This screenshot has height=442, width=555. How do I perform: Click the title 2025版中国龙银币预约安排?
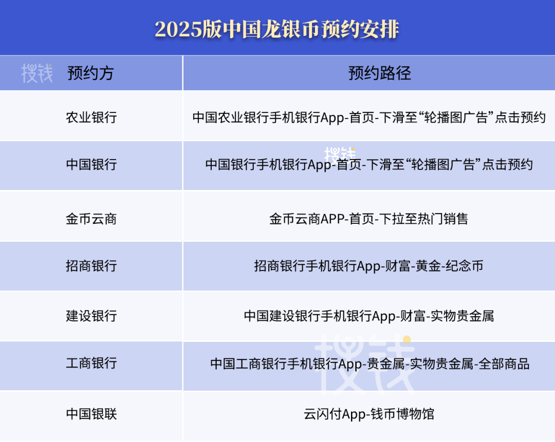[x=277, y=29]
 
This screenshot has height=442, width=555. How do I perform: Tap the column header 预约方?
[x=90, y=73]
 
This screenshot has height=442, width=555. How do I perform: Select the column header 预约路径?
[x=379, y=73]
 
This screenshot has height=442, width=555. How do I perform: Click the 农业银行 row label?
[x=91, y=117]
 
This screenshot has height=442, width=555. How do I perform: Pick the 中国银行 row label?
[x=91, y=164]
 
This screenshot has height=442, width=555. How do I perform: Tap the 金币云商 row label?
[x=91, y=219]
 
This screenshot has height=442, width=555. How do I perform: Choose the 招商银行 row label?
[x=91, y=265]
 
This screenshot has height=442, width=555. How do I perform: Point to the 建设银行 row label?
[x=91, y=315]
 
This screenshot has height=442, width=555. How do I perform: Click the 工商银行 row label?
[x=91, y=363]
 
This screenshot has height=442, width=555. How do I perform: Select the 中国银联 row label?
[x=91, y=413]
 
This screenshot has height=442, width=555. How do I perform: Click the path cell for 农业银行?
[x=369, y=117]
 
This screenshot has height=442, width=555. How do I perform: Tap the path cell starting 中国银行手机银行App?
[x=369, y=165]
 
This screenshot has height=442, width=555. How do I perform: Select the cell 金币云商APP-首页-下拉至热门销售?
[x=369, y=219]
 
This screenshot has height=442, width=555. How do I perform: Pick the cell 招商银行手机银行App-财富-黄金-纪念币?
[x=369, y=266]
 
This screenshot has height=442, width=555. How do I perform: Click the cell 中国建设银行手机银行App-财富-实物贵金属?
[x=369, y=316]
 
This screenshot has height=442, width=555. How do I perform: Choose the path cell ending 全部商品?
[x=369, y=364]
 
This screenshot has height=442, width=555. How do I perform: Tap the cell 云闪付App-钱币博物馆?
[x=369, y=414]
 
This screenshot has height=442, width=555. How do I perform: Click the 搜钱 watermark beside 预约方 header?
[x=37, y=73]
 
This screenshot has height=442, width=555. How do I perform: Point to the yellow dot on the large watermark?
[x=407, y=339]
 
